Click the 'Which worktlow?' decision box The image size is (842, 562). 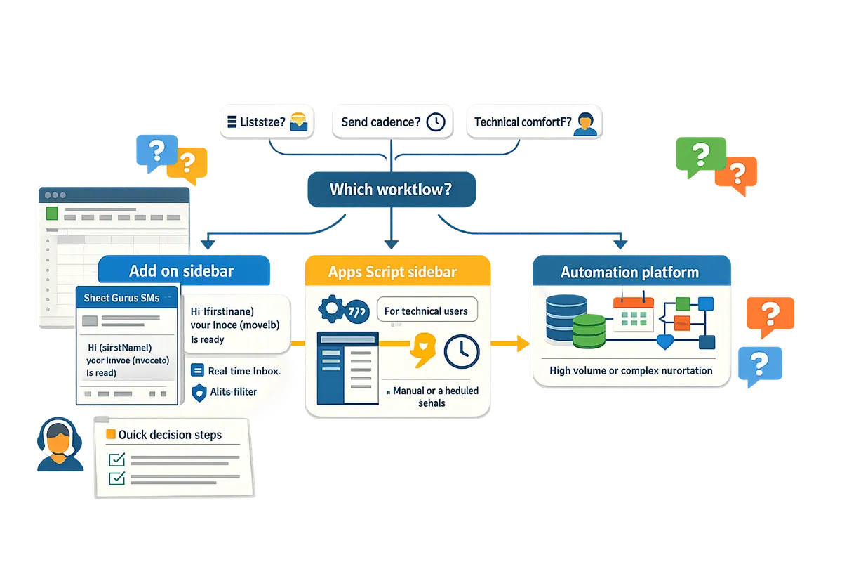click(x=392, y=190)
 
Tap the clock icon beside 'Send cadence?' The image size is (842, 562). click(x=436, y=122)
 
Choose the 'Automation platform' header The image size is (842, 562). click(x=629, y=272)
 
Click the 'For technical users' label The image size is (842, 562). click(x=426, y=310)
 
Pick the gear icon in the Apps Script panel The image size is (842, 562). click(x=332, y=310)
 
